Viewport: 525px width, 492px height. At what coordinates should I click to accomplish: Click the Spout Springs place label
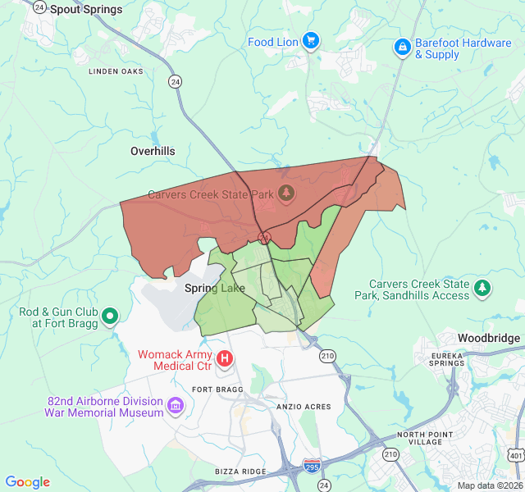click(86, 10)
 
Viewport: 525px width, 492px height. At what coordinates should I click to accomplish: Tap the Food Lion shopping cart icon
click(310, 40)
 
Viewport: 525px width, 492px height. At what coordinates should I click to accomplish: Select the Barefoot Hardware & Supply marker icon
click(402, 48)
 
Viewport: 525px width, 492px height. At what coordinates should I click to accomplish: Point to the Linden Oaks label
click(116, 71)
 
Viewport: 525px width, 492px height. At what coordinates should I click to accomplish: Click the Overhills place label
click(153, 152)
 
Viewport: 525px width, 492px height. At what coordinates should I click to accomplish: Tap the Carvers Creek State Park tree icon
click(286, 194)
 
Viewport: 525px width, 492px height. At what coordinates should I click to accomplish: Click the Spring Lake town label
click(214, 288)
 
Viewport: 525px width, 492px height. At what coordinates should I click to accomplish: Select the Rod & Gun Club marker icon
click(109, 315)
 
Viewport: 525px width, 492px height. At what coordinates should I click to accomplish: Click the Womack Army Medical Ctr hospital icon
click(224, 358)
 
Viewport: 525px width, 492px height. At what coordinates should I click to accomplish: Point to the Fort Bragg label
click(214, 389)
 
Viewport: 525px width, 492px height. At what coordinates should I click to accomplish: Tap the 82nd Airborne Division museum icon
click(176, 405)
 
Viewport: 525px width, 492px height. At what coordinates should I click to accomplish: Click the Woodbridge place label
click(488, 338)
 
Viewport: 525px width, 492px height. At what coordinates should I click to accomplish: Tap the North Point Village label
click(424, 440)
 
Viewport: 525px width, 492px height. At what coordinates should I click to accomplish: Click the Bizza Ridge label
click(240, 471)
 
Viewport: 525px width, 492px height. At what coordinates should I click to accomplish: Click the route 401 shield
click(514, 454)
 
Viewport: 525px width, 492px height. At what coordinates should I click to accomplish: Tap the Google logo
click(27, 482)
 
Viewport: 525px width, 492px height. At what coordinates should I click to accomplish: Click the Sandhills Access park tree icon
click(483, 287)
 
